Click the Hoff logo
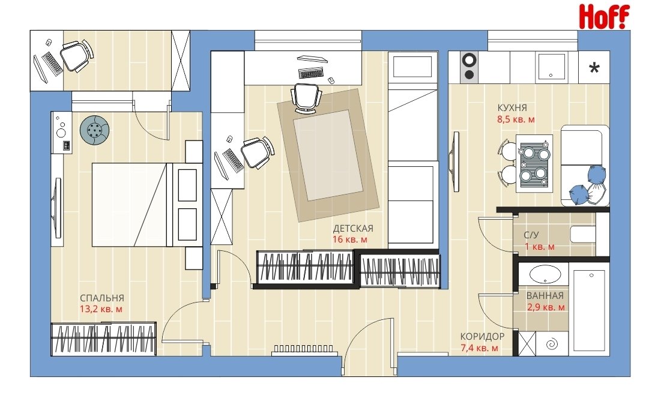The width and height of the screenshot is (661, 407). [604, 16]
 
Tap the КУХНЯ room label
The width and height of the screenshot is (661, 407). [512, 107]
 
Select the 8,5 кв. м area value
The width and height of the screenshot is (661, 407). [516, 119]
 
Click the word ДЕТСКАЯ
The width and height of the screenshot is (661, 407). [353, 228]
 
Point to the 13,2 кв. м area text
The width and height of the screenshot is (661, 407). [101, 309]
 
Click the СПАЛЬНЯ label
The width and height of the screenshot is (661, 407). [102, 298]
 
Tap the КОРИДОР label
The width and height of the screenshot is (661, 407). [482, 337]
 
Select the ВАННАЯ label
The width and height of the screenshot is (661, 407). [545, 296]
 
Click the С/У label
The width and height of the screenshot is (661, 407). [531, 235]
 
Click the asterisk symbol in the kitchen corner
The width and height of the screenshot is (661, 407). [594, 67]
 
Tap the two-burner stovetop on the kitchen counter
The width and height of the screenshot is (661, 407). [469, 67]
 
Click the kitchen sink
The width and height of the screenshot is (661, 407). [551, 67]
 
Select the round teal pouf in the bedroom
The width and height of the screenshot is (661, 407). [95, 130]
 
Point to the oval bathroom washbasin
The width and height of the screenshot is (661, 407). [545, 274]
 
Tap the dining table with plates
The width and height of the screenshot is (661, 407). [534, 163]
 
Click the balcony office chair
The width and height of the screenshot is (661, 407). [76, 56]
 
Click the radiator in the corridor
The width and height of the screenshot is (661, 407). [303, 349]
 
